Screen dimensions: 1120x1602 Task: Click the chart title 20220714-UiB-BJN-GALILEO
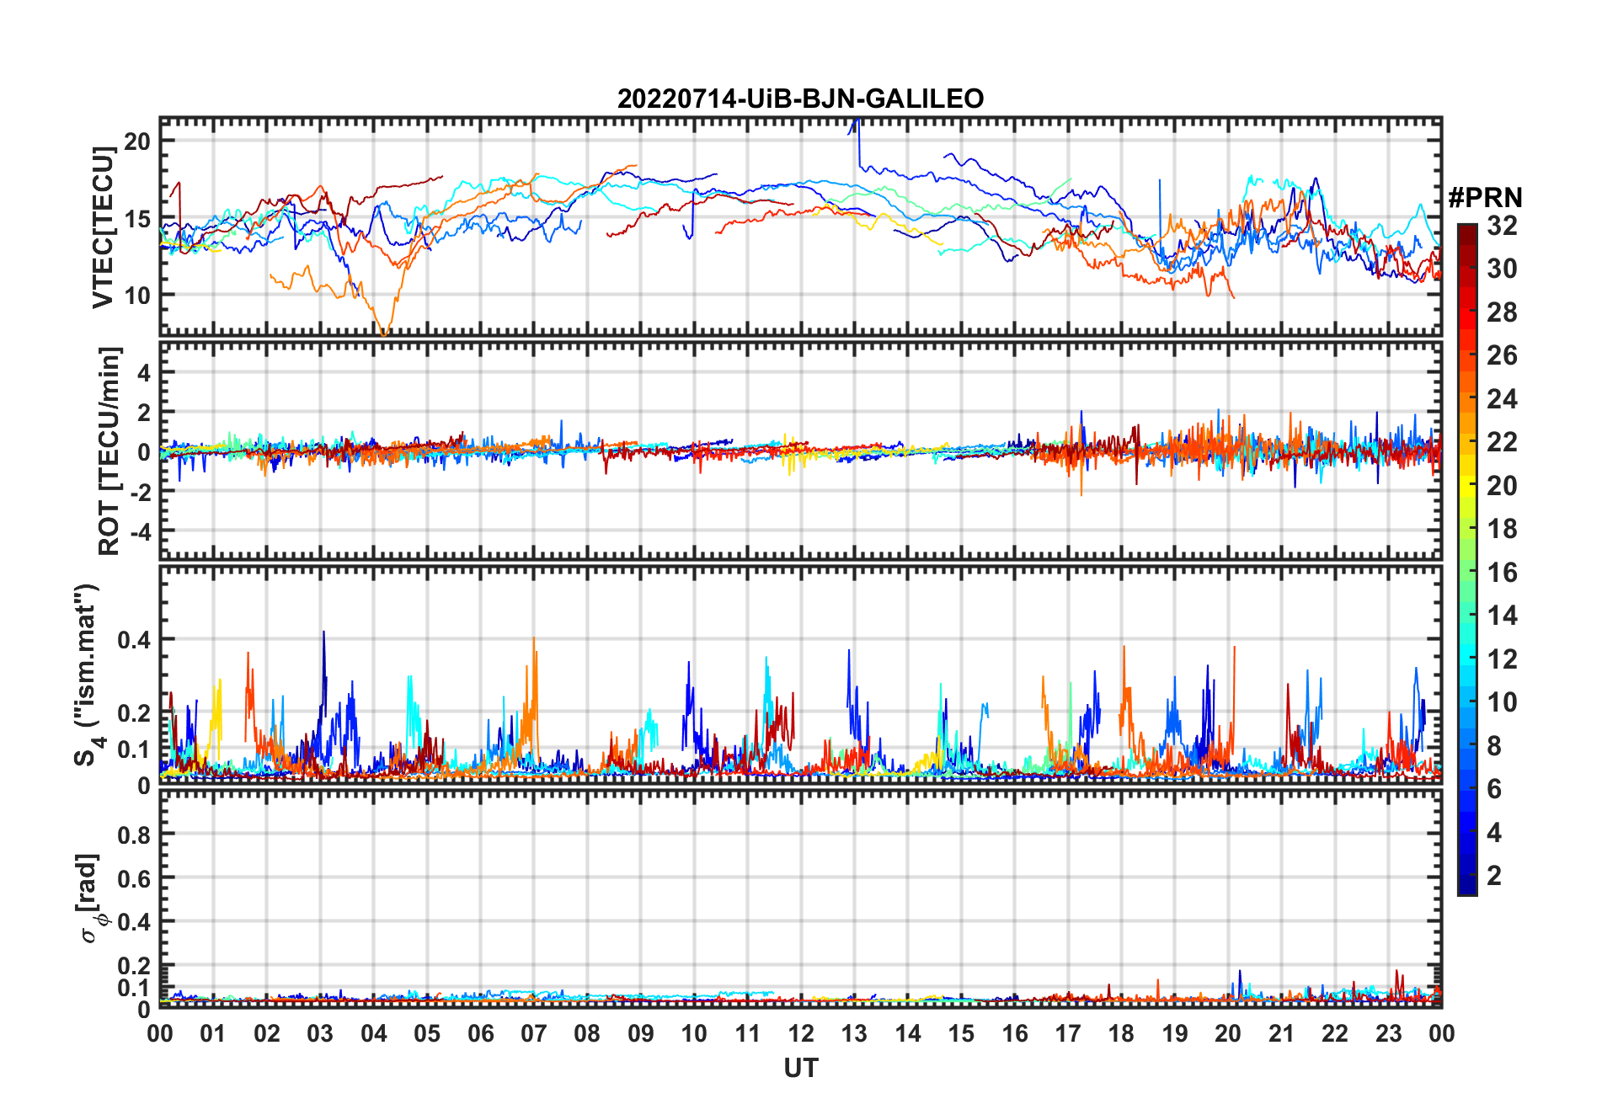pyautogui.click(x=800, y=99)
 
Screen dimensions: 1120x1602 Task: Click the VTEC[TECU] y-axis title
pyautogui.click(x=103, y=227)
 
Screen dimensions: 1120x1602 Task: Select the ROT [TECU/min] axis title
pyautogui.click(x=109, y=451)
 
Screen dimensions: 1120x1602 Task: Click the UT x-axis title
pyautogui.click(x=800, y=1069)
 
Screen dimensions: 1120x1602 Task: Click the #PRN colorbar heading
pyautogui.click(x=1485, y=198)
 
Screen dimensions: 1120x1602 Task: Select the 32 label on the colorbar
pyautogui.click(x=1502, y=226)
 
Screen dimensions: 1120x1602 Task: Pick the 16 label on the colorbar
pyautogui.click(x=1502, y=573)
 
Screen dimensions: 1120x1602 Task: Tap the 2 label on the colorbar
pyautogui.click(x=1494, y=876)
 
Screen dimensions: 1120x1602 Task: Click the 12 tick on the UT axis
pyautogui.click(x=801, y=1033)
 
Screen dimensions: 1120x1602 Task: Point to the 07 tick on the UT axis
pyautogui.click(x=534, y=1033)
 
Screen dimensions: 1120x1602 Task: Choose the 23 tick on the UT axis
pyautogui.click(x=1388, y=1033)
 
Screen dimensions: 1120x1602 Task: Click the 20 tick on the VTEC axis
pyautogui.click(x=137, y=141)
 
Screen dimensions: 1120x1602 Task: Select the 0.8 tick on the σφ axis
pyautogui.click(x=134, y=835)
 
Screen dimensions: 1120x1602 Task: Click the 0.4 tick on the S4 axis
pyautogui.click(x=134, y=640)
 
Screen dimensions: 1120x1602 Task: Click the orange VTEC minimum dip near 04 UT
pyautogui.click(x=385, y=333)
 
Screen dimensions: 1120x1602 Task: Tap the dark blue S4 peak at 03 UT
pyautogui.click(x=323, y=633)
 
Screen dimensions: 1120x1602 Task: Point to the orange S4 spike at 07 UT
pyautogui.click(x=533, y=639)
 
